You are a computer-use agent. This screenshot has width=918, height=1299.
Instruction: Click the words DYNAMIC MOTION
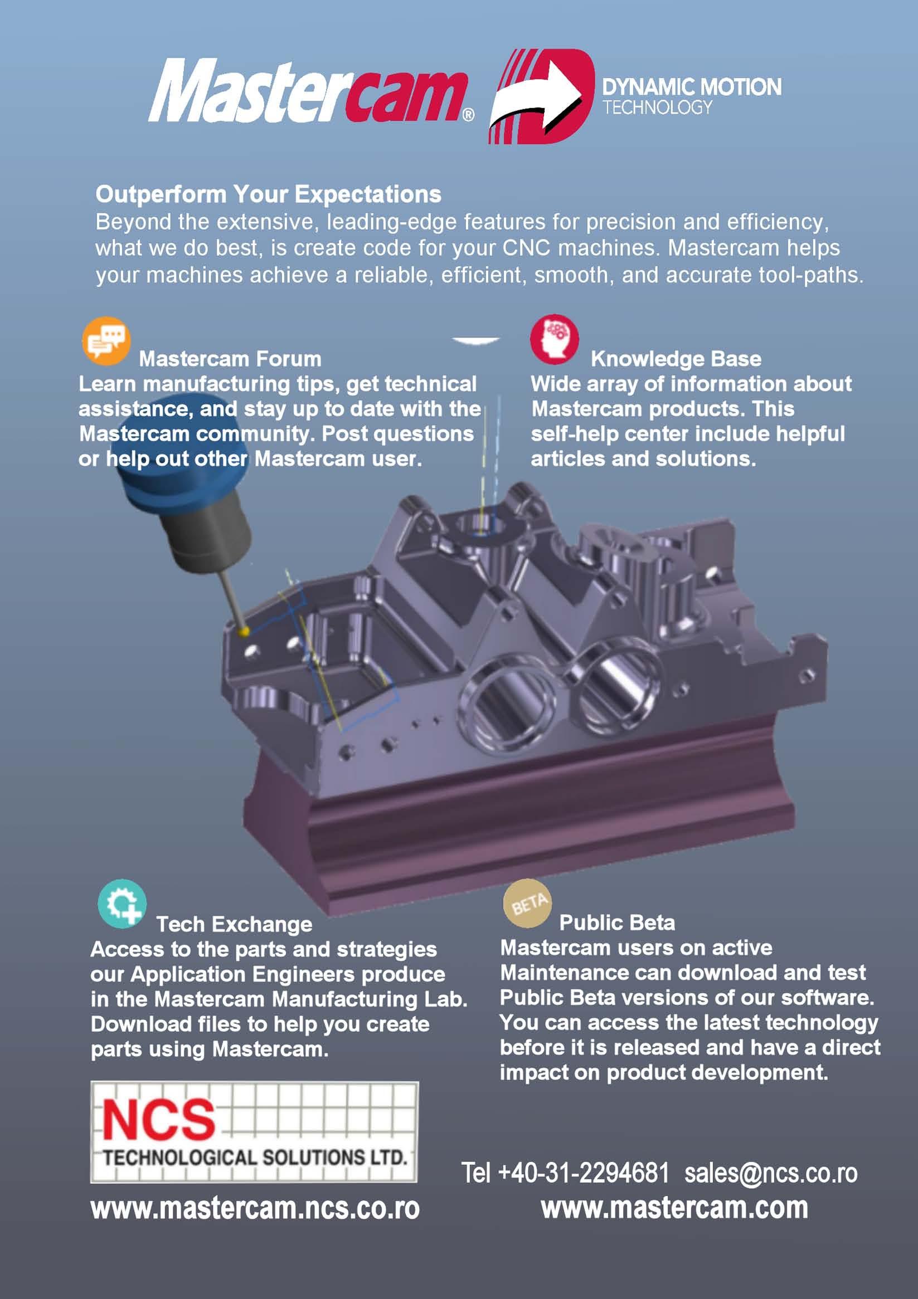click(x=692, y=87)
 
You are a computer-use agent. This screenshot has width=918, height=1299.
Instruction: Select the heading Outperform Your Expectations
click(x=268, y=194)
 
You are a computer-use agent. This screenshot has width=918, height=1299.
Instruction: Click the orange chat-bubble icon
click(x=106, y=340)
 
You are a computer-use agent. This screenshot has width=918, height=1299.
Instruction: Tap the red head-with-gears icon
click(x=554, y=339)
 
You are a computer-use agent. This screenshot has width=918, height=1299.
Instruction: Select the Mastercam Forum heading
click(x=230, y=359)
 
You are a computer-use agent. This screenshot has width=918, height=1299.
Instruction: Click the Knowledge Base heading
click(x=676, y=359)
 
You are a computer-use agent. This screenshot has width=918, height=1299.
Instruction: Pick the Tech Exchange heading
click(x=234, y=925)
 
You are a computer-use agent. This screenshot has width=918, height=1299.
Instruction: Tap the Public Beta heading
click(x=617, y=923)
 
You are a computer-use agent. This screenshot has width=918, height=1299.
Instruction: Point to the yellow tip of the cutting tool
click(x=244, y=630)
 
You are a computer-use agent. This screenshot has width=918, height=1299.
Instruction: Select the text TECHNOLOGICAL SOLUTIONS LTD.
click(x=255, y=1158)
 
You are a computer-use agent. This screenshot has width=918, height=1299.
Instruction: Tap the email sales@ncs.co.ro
click(x=771, y=1173)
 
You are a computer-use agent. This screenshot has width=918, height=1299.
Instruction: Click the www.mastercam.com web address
click(x=674, y=1207)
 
